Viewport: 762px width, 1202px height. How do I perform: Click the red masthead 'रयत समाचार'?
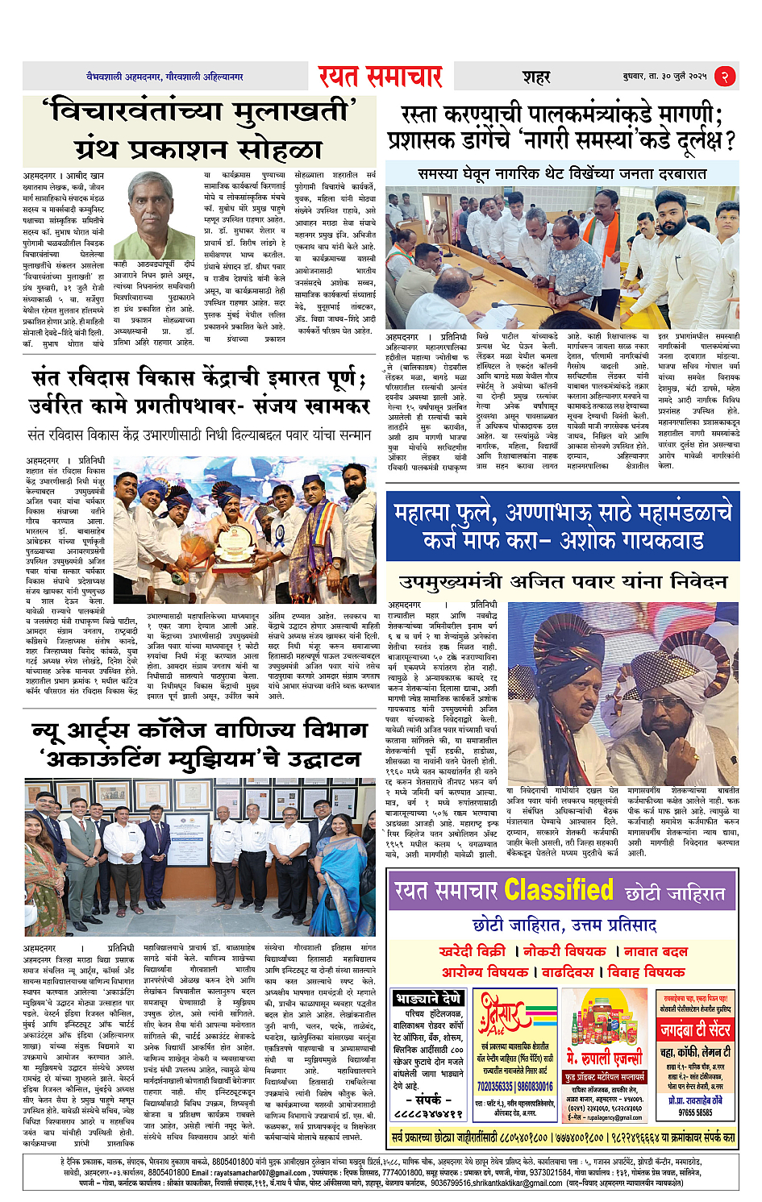point(380,76)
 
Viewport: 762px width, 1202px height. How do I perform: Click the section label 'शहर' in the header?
point(535,77)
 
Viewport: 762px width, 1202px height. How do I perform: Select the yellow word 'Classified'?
point(559,891)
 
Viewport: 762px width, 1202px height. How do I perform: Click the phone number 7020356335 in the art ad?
point(495,1087)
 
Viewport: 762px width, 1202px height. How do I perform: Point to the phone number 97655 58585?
point(695,1113)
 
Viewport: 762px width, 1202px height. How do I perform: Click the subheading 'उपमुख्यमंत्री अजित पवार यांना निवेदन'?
point(562,581)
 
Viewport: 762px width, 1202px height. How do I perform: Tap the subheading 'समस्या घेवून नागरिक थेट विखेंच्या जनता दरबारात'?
point(562,173)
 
